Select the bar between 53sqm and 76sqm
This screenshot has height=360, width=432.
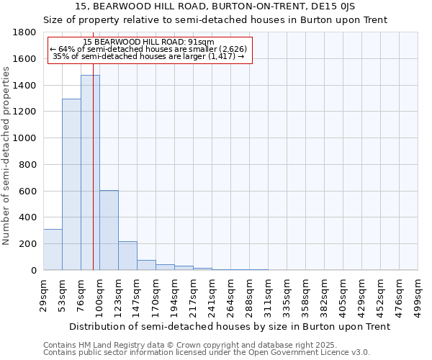click(71, 184)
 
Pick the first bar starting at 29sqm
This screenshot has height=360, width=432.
click(53, 249)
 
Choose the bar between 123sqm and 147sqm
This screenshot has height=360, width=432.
click(127, 256)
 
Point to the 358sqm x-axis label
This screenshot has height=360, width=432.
click(306, 294)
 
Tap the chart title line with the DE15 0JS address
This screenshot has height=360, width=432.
click(216, 7)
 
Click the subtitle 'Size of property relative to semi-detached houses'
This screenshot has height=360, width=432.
click(216, 20)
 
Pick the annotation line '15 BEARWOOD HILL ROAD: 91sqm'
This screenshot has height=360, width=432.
click(148, 42)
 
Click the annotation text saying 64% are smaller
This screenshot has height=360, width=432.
click(148, 49)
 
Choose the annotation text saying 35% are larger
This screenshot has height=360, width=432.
click(148, 56)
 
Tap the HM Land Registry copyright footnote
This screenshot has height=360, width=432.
click(206, 346)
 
